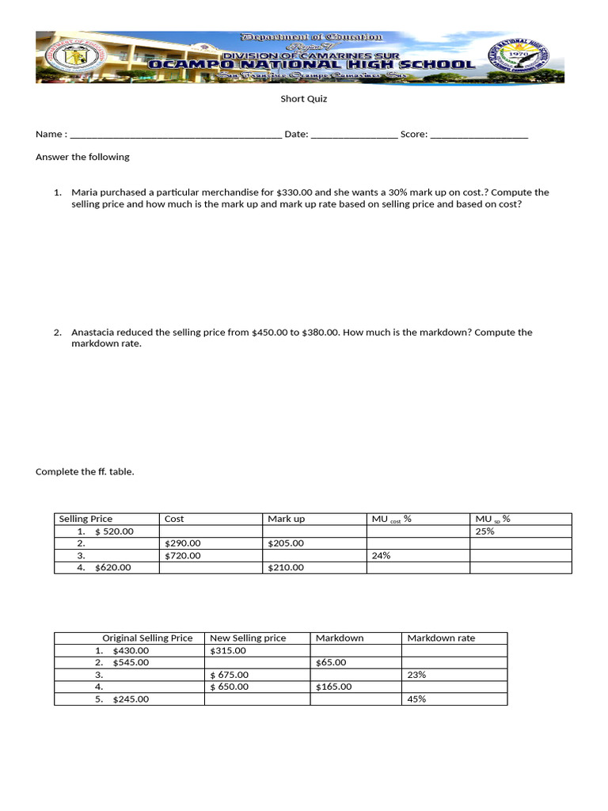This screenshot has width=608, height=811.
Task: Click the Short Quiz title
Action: coord(304,99)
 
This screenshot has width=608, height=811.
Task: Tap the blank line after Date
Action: coord(354,135)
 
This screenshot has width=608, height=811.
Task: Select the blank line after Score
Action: coord(479,135)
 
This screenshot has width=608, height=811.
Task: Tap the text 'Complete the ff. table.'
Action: coord(85,472)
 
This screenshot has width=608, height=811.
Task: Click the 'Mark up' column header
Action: coord(286,519)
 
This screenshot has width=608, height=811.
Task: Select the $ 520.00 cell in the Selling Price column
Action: coord(114,531)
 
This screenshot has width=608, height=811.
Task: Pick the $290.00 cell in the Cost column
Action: coord(183,543)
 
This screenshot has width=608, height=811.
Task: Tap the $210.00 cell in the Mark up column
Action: coord(286,568)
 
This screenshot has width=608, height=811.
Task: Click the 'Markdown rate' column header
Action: coord(441,638)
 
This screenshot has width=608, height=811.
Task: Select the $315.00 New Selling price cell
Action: coord(228,650)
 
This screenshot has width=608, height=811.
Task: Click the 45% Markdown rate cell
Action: coord(416,699)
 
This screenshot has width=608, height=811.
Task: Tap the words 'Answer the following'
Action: coord(82,157)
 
